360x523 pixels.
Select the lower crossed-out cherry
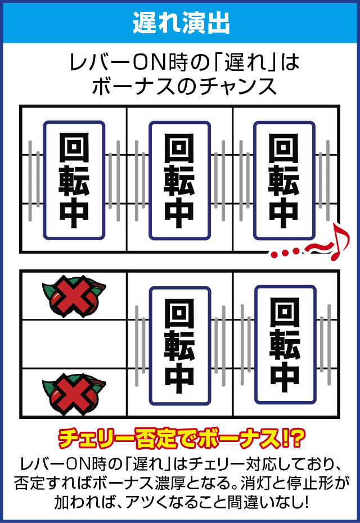point(74,391)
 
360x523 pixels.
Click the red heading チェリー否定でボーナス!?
point(180,438)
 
